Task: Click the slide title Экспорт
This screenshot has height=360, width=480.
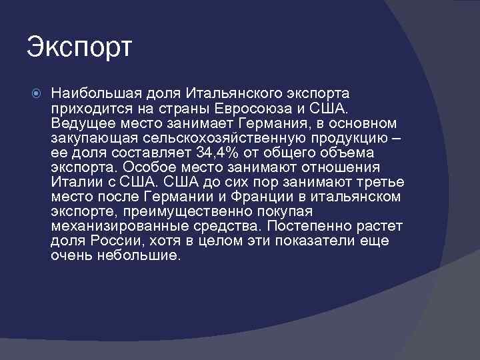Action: (x=81, y=47)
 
